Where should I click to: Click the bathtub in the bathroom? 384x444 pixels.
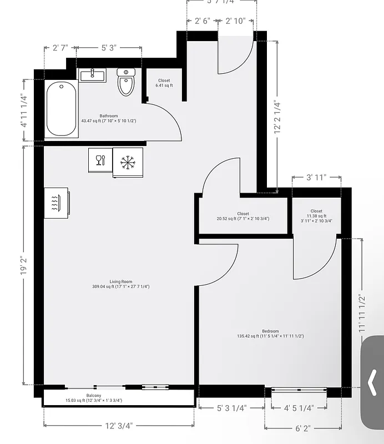(61, 108)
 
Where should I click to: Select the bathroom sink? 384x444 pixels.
(93, 75)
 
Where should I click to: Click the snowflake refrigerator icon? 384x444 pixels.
(128, 162)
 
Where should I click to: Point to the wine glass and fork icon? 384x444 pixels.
(100, 160)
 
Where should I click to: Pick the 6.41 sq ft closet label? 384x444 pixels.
(164, 83)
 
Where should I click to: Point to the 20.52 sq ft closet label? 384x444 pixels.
(243, 216)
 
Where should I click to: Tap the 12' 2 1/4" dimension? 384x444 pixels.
(277, 117)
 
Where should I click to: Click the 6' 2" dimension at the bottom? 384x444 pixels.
(302, 428)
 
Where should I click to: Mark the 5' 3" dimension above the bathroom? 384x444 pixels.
(109, 48)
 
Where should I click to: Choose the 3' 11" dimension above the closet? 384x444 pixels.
(316, 178)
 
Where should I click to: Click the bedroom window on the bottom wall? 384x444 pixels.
(303, 391)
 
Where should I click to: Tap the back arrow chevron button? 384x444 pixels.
(373, 382)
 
